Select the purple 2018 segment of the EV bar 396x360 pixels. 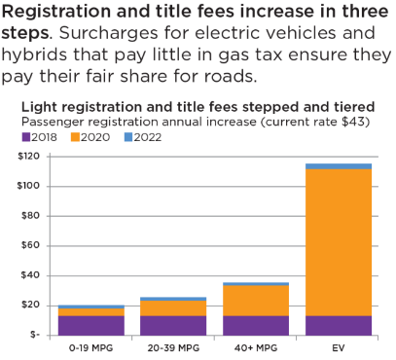[339, 325]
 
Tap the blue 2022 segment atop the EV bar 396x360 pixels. [339, 166]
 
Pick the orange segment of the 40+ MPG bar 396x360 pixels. [256, 300]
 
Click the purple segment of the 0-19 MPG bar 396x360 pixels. [90, 325]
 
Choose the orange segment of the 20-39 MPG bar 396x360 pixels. [173, 307]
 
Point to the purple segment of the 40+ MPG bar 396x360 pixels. [256, 325]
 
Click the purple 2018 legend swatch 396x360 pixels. [26, 137]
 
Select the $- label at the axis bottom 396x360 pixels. [44, 335]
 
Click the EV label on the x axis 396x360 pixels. [339, 346]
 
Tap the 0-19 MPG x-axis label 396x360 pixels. [90, 346]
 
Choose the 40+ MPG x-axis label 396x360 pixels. [256, 346]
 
